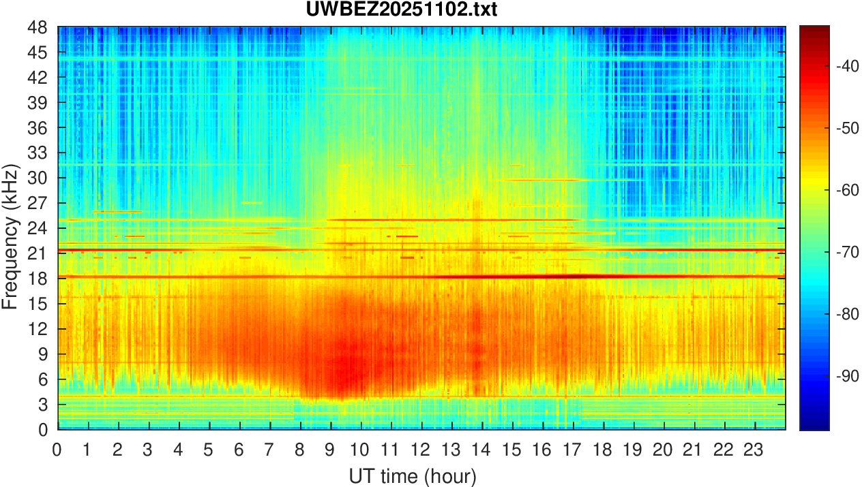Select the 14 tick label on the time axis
481,450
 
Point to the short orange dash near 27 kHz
252,202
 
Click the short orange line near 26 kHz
117,212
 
